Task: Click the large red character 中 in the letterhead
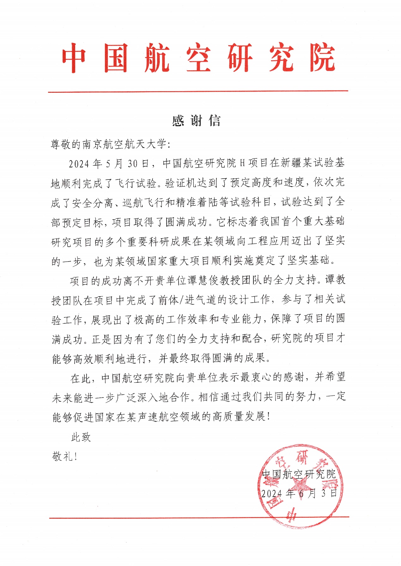click(x=74, y=58)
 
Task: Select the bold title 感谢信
click(x=196, y=121)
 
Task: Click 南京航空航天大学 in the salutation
click(x=124, y=144)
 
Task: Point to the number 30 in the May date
click(x=133, y=163)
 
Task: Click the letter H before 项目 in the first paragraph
click(x=242, y=163)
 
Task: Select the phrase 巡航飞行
click(x=143, y=203)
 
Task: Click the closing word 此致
click(x=81, y=437)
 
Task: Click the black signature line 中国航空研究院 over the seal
click(x=299, y=474)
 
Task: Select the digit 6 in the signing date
click(x=302, y=493)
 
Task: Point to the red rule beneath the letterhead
click(x=198, y=91)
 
